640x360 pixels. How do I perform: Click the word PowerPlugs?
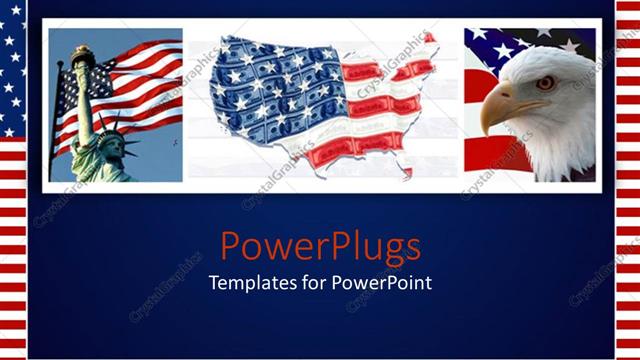(x=320, y=245)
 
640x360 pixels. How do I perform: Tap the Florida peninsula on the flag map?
(x=406, y=171)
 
